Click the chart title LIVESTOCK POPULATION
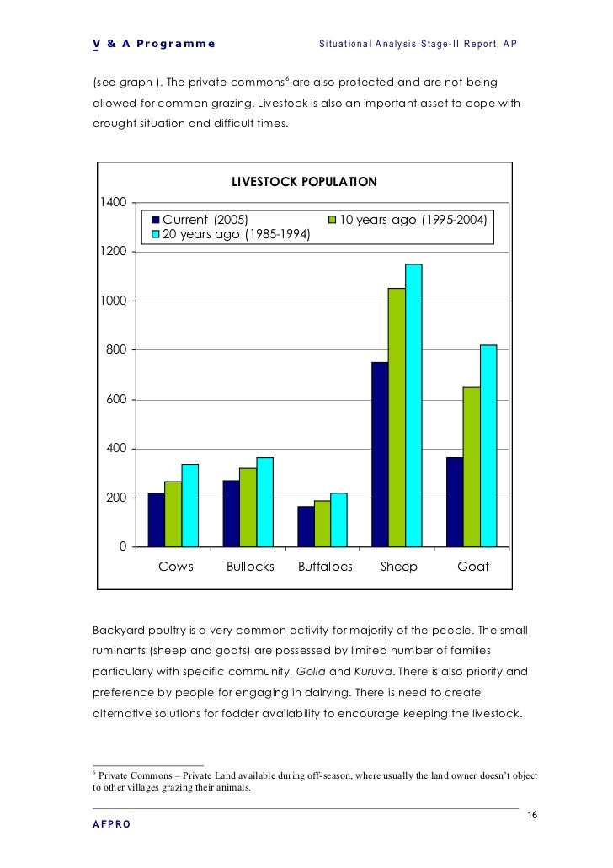click(x=304, y=182)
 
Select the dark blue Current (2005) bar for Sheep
click(x=380, y=455)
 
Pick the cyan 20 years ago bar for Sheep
click(x=413, y=405)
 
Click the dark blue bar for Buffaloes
click(x=306, y=526)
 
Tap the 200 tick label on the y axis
click(x=116, y=498)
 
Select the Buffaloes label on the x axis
click(x=325, y=567)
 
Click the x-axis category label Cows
click(x=176, y=567)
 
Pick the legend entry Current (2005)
click(x=205, y=220)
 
